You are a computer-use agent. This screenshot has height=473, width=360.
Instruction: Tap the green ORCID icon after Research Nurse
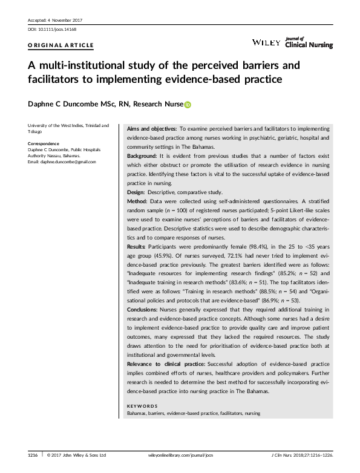[x=188, y=105]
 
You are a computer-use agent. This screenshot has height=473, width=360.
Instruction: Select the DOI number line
[x=44, y=29]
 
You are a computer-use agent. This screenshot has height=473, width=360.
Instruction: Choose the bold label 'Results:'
[x=139, y=247]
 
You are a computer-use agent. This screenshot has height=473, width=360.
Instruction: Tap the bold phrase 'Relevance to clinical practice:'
[x=166, y=366]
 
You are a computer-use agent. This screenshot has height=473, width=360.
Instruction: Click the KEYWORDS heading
[x=142, y=405]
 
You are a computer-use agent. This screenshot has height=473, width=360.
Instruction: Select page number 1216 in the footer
[x=33, y=454]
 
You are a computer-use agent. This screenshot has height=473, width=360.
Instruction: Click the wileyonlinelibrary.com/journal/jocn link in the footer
[x=182, y=454]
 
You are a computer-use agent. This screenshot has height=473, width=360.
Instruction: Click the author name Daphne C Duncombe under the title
[x=58, y=105]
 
